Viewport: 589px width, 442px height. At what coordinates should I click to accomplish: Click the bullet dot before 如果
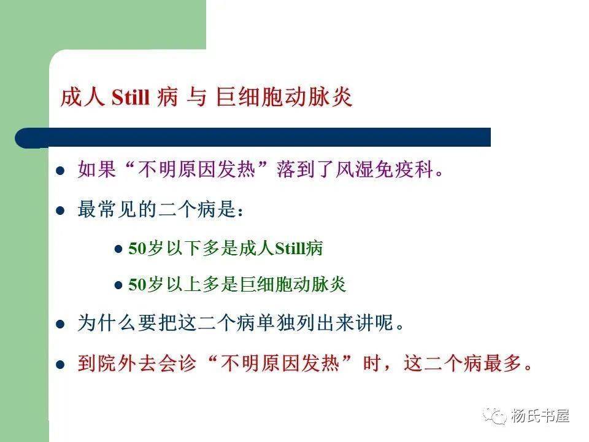60,171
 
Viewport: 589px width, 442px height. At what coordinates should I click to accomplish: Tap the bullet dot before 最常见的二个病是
60,210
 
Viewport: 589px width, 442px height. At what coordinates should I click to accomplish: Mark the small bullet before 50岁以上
119,285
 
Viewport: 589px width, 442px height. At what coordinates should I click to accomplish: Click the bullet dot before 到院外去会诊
60,363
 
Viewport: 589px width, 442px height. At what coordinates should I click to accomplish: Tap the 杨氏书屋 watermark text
539,416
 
